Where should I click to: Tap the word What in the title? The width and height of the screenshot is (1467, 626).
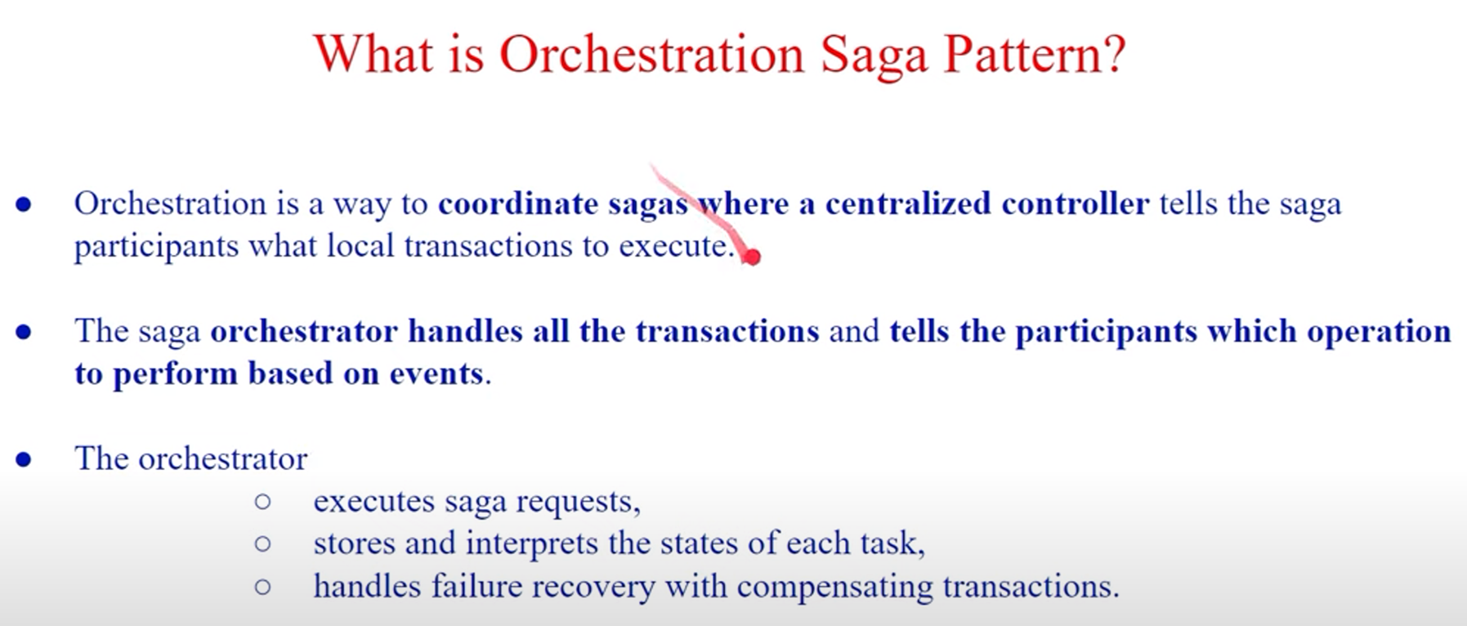(x=373, y=54)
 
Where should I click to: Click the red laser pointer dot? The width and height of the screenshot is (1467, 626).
(x=752, y=257)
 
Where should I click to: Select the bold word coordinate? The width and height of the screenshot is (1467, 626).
(x=518, y=203)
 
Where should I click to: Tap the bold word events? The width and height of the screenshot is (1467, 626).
(x=436, y=373)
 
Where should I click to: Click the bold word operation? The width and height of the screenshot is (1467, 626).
(x=1379, y=332)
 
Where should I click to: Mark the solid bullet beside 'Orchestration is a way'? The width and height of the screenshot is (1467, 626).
(x=24, y=204)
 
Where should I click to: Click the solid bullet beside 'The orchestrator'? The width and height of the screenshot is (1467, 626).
(x=24, y=459)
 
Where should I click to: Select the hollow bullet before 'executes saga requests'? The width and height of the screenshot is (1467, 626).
(x=262, y=502)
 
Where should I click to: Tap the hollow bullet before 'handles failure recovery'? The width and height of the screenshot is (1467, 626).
(x=262, y=587)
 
